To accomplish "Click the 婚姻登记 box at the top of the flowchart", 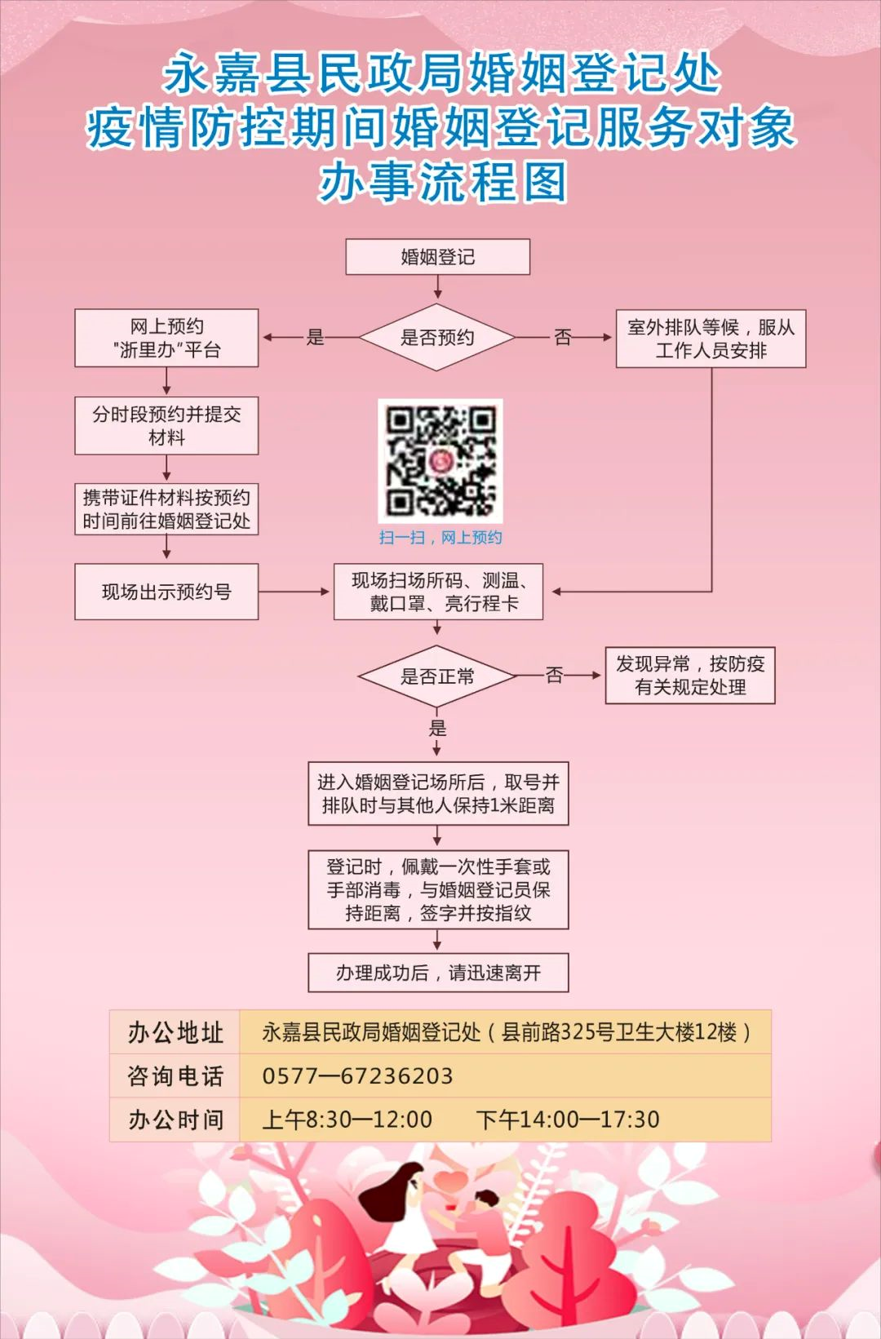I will (438, 257).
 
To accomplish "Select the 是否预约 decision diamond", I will (437, 338).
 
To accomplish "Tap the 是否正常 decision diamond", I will (437, 676).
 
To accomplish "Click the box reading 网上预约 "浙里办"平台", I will (166, 338).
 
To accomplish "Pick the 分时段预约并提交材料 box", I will (166, 426).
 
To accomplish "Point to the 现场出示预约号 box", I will (166, 592).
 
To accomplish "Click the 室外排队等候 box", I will (711, 339).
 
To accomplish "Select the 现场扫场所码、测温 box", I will (438, 592).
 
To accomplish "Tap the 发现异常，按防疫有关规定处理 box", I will (690, 676).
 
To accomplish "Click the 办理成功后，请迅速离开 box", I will (438, 973).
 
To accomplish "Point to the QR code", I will (440, 461).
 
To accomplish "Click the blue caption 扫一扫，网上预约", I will (440, 538).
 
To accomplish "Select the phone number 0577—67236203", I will (357, 1076).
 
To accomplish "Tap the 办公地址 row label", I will (175, 1033).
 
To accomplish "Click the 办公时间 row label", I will (175, 1120).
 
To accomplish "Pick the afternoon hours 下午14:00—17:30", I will (568, 1120).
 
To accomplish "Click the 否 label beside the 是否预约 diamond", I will (563, 338).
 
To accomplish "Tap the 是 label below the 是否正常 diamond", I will (438, 729).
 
